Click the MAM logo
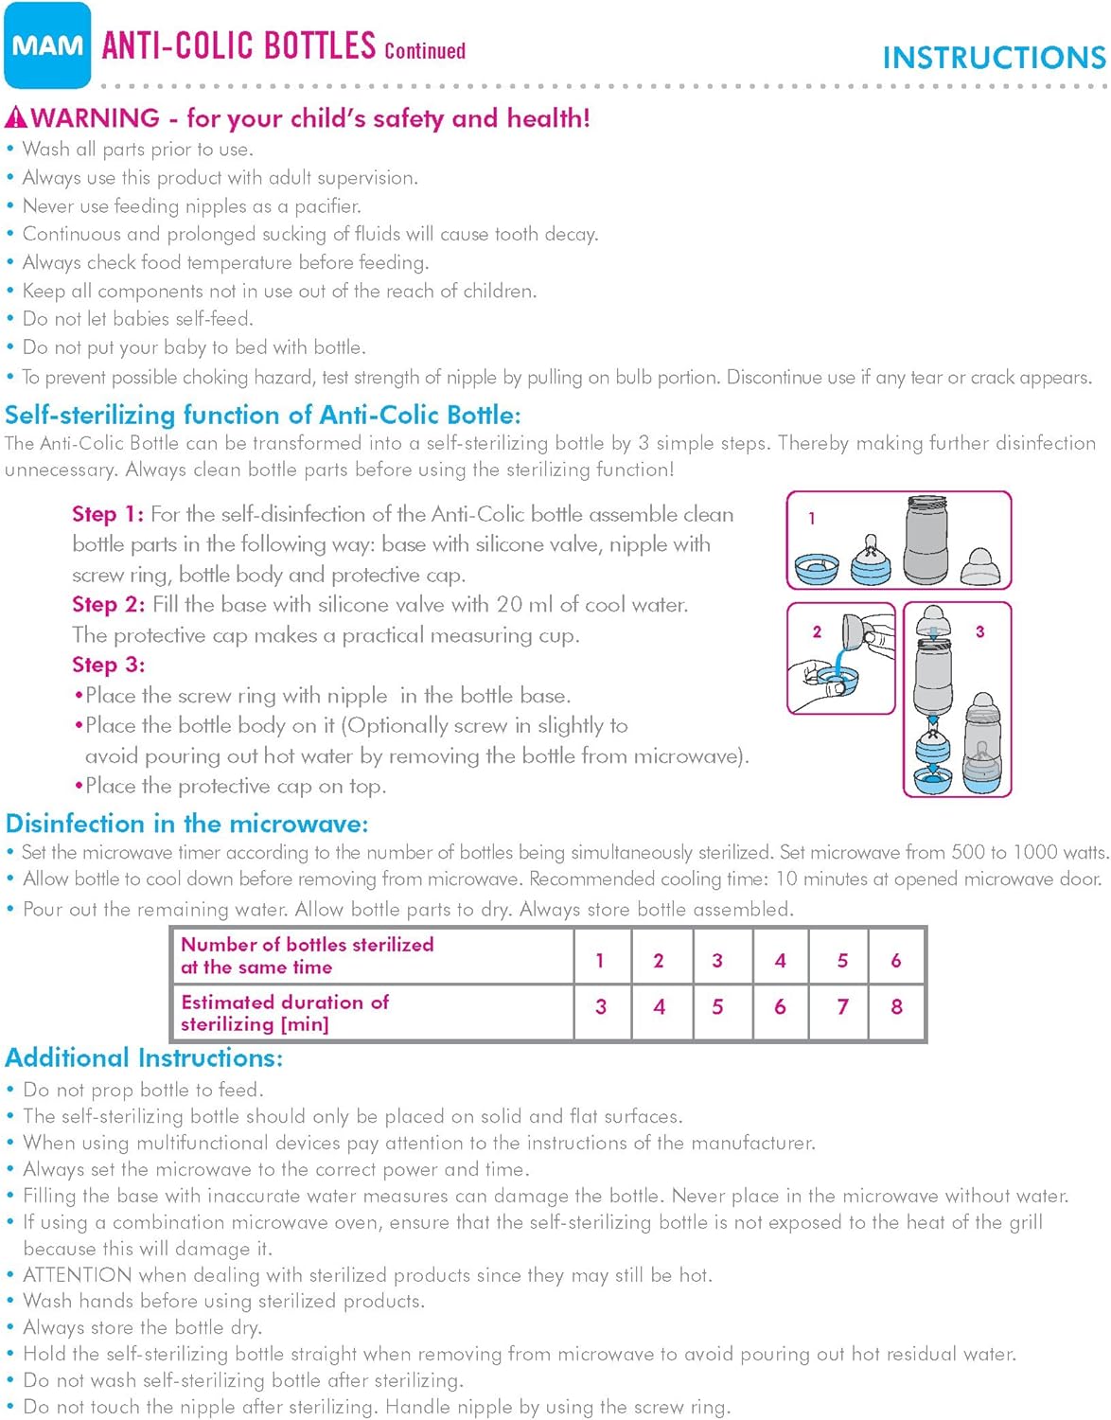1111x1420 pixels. coord(47,45)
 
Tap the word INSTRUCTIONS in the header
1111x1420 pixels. coord(994,58)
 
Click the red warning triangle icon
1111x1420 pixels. coord(16,118)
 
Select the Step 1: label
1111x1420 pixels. coord(108,514)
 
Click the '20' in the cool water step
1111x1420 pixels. coord(509,604)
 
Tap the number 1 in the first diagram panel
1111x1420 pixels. coord(811,518)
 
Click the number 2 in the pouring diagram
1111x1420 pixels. coord(817,631)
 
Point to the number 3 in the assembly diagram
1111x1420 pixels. coord(979,631)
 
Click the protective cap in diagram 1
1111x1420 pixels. coord(980,565)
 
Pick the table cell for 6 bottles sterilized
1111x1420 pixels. coord(895,960)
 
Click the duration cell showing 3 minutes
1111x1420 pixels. coord(601,1007)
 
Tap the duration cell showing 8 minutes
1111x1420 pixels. coord(896,1007)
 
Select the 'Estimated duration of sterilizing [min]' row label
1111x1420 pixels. coord(285,1013)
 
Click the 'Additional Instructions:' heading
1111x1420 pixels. coord(144,1057)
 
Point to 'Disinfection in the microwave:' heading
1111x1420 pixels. coord(186,824)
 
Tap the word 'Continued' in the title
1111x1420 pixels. coord(425,51)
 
